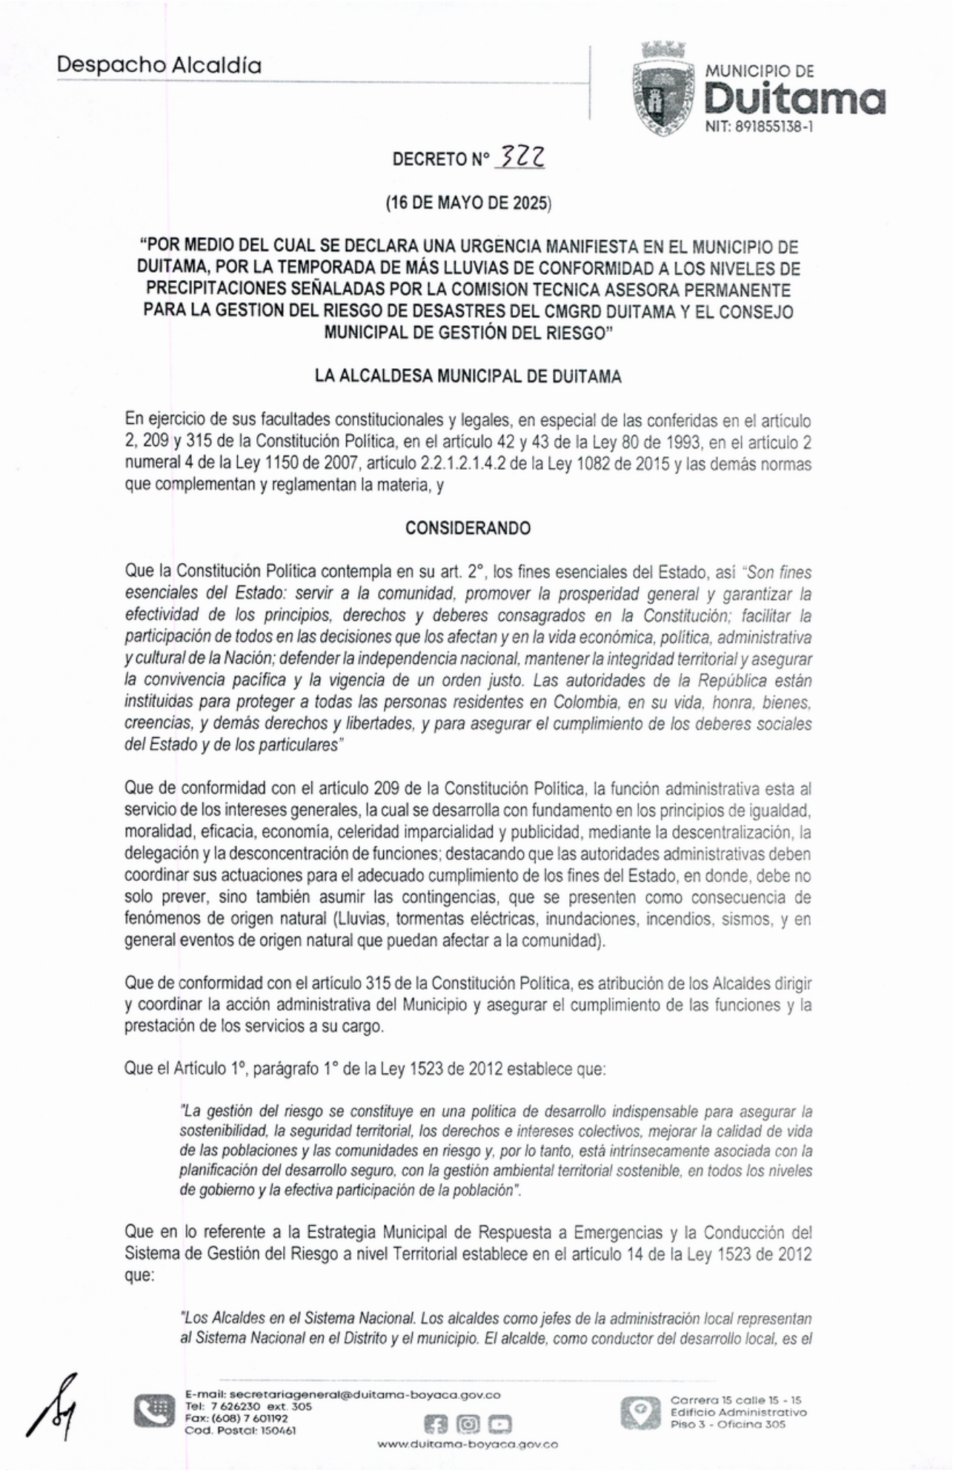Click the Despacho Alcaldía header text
tap(159, 65)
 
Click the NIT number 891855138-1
tap(759, 127)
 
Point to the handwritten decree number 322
tap(523, 156)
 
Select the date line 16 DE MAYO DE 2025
tap(468, 203)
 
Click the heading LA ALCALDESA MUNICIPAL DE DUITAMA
tap(468, 376)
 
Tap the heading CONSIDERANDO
tap(468, 528)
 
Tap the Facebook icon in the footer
tap(435, 1424)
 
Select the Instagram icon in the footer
tap(468, 1424)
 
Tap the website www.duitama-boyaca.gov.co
tap(468, 1444)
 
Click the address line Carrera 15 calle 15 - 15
tap(735, 1400)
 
